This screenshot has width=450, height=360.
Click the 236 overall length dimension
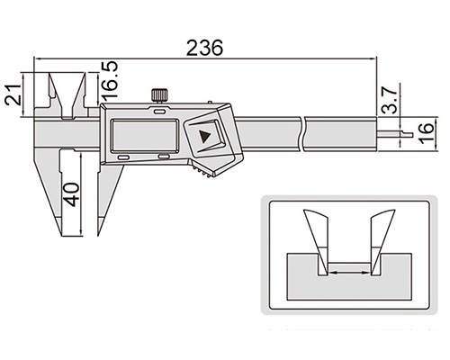pos(204,48)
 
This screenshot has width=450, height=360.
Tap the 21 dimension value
pos(13,94)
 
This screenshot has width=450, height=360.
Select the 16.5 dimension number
pos(109,81)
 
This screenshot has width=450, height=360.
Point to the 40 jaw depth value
pos(72,194)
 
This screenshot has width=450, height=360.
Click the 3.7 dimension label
pos(390,99)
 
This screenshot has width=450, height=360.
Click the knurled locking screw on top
pos(158,95)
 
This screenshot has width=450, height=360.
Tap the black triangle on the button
pos(205,137)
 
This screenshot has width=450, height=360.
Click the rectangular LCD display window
pos(146,135)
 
